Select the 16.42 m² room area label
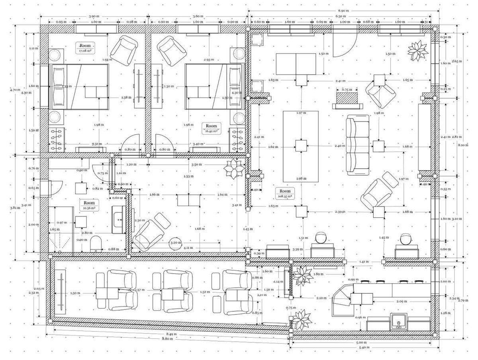(212, 128)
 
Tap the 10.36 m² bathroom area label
(89, 205)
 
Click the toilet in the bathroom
(96, 244)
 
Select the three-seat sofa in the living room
(358, 145)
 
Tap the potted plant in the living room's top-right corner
(417, 50)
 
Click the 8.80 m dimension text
(167, 339)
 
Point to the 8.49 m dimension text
(172, 334)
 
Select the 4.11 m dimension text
(187, 248)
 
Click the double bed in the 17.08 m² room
(79, 86)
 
